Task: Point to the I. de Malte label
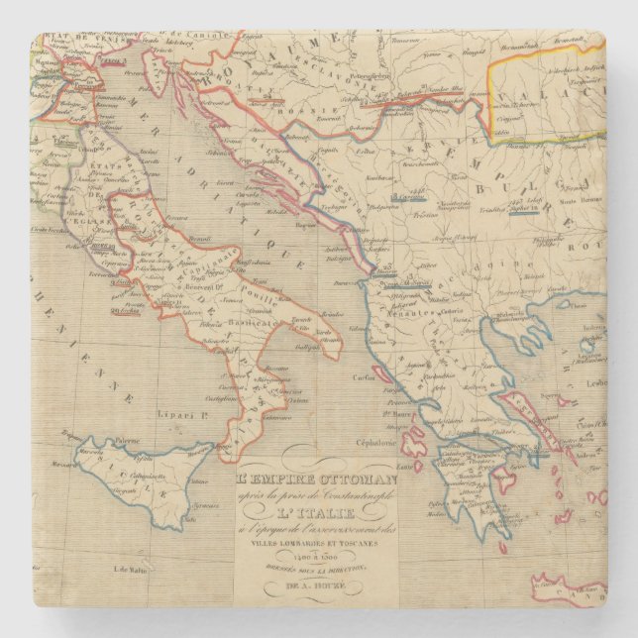(x=131, y=568)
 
